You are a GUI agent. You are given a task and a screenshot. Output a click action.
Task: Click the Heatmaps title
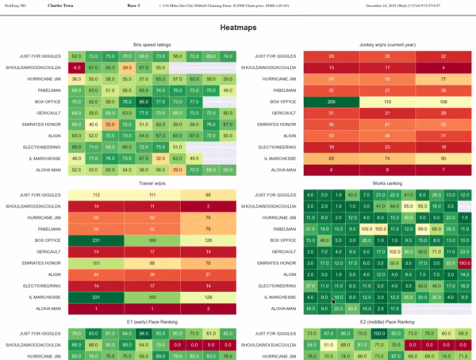pyautogui.click(x=238, y=27)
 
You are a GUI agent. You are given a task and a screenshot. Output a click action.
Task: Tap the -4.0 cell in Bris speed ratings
pyautogui.click(x=76, y=67)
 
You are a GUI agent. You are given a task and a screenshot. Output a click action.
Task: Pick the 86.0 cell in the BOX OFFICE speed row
pyautogui.click(x=143, y=102)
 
